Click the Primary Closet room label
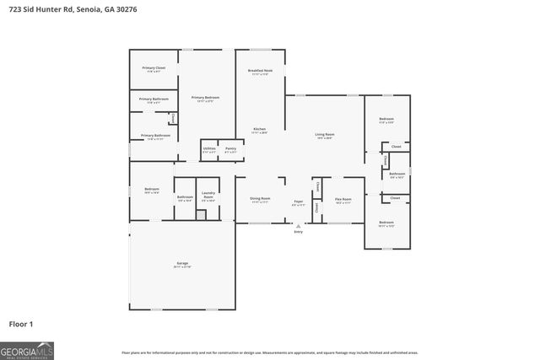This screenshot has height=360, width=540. click(x=154, y=68)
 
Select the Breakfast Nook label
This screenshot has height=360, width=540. click(x=259, y=72)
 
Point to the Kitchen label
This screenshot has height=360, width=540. click(x=259, y=130)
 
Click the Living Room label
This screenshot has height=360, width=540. click(x=325, y=135)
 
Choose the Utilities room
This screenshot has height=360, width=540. click(x=209, y=149)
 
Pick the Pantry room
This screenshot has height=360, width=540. click(x=230, y=149)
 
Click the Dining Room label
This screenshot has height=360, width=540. click(x=259, y=201)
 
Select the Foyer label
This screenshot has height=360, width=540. click(x=298, y=202)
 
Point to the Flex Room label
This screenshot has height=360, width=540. click(x=343, y=201)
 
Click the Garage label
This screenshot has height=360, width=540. click(x=182, y=264)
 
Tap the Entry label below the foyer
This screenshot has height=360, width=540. click(x=298, y=231)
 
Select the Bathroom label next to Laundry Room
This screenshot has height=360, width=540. click(x=185, y=198)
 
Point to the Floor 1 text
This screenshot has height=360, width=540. click(x=21, y=323)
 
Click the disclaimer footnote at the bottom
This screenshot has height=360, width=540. click(x=269, y=352)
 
